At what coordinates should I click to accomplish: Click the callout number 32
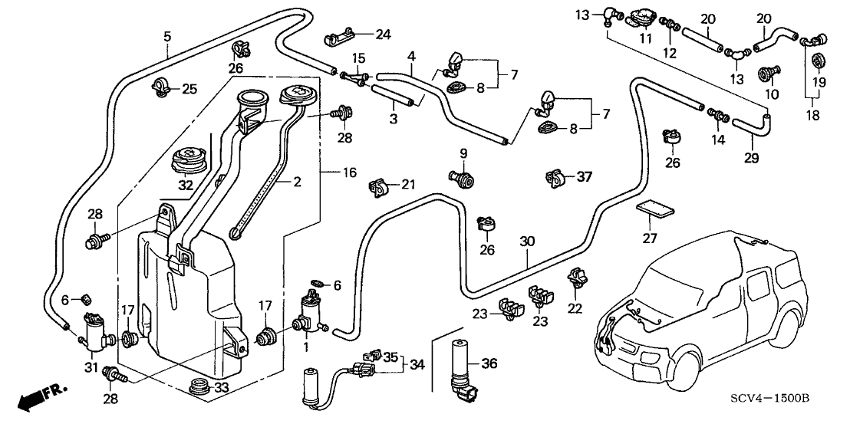[x=185, y=185]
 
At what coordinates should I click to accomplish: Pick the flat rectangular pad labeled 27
[x=654, y=209]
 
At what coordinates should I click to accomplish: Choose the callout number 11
[x=647, y=38]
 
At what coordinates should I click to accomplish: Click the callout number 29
[x=751, y=158]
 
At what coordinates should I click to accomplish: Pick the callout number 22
[x=575, y=309]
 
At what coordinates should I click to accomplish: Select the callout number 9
[x=463, y=153]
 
